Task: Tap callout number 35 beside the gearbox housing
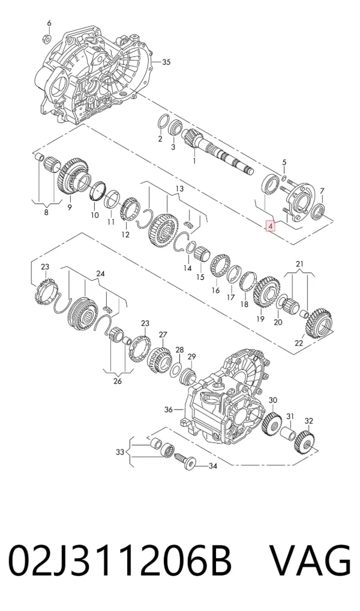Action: point(166,62)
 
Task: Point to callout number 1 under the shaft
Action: point(194,160)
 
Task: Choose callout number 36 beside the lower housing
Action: point(169,409)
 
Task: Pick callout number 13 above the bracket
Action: point(179,189)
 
